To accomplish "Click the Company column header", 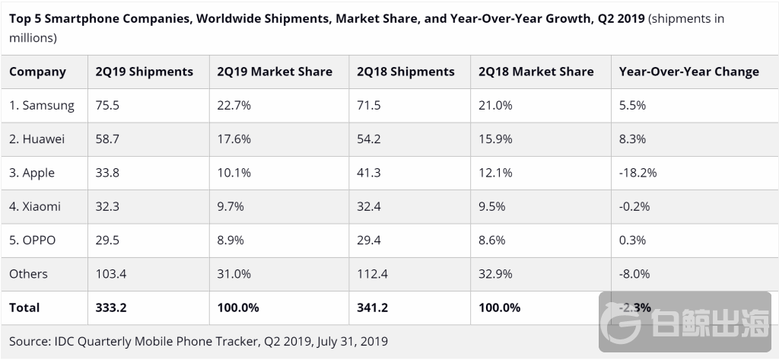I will tap(37, 72).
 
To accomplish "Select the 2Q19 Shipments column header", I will tap(144, 72).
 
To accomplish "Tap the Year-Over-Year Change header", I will tap(688, 72).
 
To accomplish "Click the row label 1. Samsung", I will tap(42, 106).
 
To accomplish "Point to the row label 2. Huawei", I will tap(37, 139).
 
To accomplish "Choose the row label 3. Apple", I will tap(32, 173).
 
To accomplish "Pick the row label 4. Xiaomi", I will tap(35, 206).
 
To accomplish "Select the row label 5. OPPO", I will tap(33, 240).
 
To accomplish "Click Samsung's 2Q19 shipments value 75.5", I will tap(107, 106).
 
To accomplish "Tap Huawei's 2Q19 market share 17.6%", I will tap(234, 139).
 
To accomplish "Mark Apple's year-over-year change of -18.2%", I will tap(638, 173).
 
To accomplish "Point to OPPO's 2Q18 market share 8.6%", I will tap(493, 240).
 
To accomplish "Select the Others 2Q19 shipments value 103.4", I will tap(111, 273).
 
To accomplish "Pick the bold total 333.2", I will tap(112, 307).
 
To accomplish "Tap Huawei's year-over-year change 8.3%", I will tap(632, 139).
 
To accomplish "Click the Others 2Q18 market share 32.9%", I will tap(496, 273).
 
